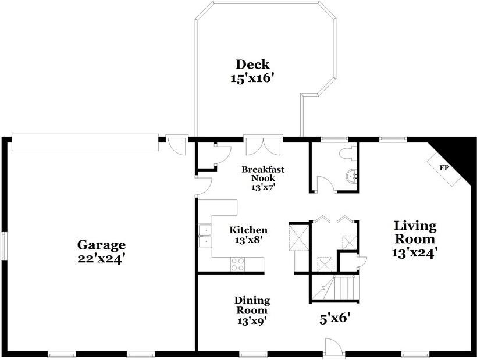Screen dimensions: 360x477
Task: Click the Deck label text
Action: pyautogui.click(x=252, y=64)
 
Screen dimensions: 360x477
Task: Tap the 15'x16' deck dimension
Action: pyautogui.click(x=252, y=78)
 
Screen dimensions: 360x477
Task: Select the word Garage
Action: pyautogui.click(x=102, y=245)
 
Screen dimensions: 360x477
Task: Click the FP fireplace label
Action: pyautogui.click(x=444, y=167)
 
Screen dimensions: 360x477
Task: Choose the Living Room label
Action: pyautogui.click(x=415, y=232)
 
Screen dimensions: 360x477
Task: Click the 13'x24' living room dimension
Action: pyautogui.click(x=415, y=252)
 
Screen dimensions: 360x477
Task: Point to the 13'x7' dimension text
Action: pyautogui.click(x=262, y=187)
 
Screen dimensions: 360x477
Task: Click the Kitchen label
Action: pyautogui.click(x=248, y=230)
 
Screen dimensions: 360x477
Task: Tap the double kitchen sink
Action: pyautogui.click(x=204, y=237)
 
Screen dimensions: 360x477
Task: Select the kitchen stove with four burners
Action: pyautogui.click(x=238, y=264)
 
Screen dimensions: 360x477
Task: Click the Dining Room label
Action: pyautogui.click(x=252, y=305)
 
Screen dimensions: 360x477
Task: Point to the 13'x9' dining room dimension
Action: pyautogui.click(x=252, y=319)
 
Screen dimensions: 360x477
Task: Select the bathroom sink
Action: pyautogui.click(x=350, y=176)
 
